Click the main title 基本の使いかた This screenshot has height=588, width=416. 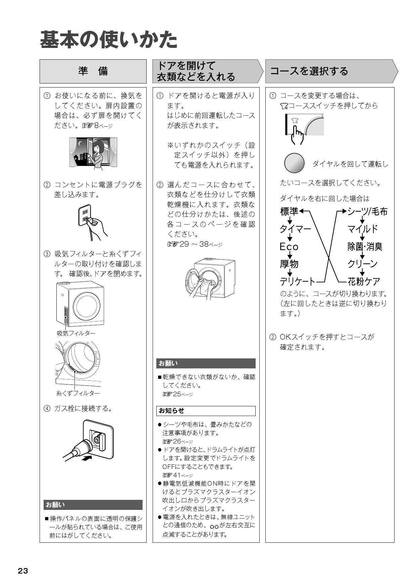click(x=109, y=40)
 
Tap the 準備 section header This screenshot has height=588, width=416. click(x=93, y=71)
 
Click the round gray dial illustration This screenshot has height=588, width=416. click(x=294, y=163)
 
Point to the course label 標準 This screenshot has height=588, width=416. click(x=289, y=212)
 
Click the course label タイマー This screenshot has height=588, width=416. click(x=295, y=229)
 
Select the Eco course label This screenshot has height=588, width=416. click(x=289, y=247)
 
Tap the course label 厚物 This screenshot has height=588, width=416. click(x=289, y=264)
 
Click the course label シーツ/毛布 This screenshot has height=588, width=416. click(x=367, y=212)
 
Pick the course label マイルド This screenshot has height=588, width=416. click(x=363, y=229)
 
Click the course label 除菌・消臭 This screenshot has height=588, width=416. click(x=365, y=247)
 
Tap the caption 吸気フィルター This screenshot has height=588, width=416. click(x=76, y=333)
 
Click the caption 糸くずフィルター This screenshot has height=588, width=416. click(x=78, y=393)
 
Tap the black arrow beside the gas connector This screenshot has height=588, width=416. click(x=86, y=458)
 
